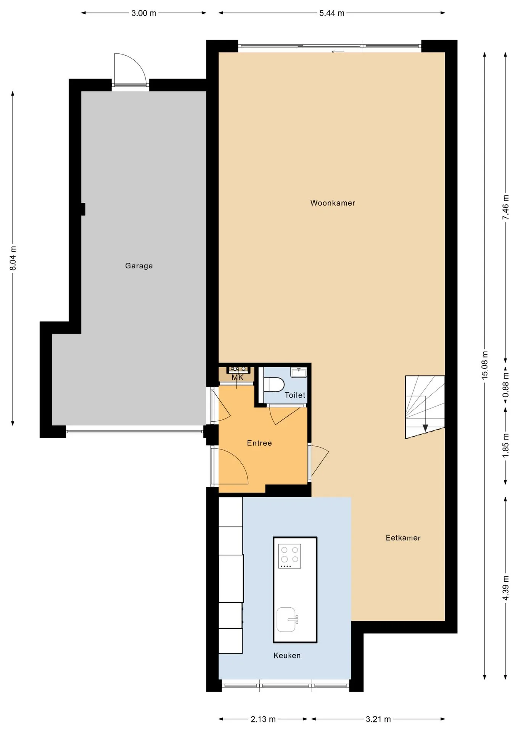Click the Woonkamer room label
tap(333, 203)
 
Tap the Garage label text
tap(139, 266)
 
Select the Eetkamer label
tap(403, 538)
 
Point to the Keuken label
tap(287, 656)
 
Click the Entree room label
tap(259, 443)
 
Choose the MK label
tap(238, 377)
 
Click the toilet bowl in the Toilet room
tap(274, 384)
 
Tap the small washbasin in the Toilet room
tap(299, 372)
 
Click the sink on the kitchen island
tap(287, 620)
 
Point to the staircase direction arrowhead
tap(425, 428)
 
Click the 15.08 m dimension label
tap(485, 365)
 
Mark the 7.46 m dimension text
tap(506, 207)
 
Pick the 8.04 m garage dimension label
tap(13, 258)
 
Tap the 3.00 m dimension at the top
tap(144, 13)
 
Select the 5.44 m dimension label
tap(332, 13)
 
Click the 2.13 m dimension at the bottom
tap(263, 719)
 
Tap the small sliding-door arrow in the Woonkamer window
tap(338, 52)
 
